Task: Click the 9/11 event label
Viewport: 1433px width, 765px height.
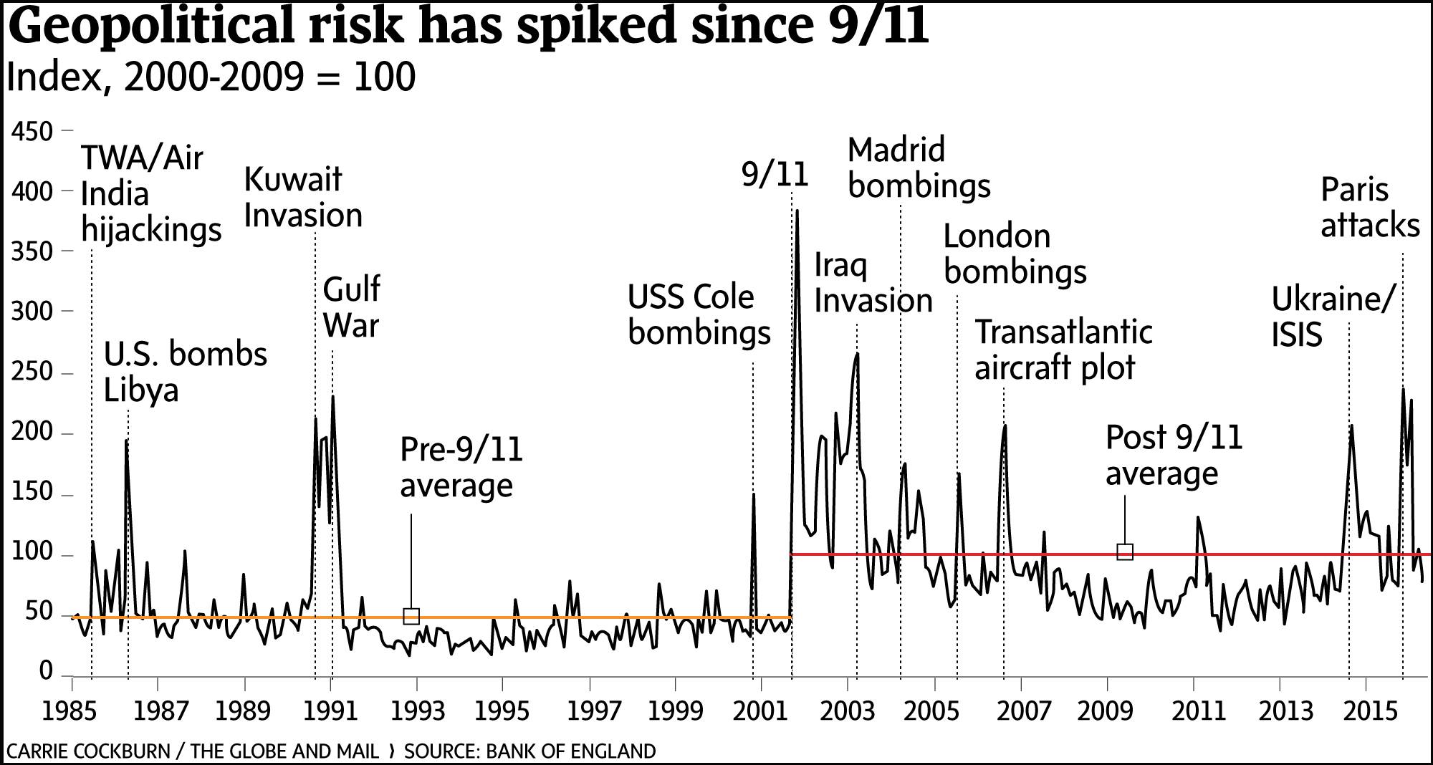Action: (775, 175)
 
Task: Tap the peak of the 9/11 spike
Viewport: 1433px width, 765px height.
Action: (797, 211)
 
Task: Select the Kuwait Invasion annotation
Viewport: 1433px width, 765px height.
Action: (302, 198)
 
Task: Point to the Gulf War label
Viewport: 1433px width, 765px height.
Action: (351, 307)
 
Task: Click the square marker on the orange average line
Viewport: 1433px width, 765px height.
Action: (411, 616)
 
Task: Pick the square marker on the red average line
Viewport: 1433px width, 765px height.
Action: (1125, 552)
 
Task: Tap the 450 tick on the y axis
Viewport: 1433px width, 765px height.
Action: (32, 132)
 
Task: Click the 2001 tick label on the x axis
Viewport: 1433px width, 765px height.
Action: (760, 711)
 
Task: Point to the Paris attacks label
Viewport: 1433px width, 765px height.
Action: (1369, 208)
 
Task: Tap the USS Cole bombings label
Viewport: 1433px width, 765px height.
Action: (699, 315)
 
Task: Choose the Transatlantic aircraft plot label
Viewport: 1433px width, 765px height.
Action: (1063, 350)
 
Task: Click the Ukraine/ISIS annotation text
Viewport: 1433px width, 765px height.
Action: (1333, 317)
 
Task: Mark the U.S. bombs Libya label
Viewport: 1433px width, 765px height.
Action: (185, 372)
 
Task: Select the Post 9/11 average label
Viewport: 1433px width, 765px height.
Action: (1173, 456)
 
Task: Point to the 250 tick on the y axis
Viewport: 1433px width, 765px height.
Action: (32, 372)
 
